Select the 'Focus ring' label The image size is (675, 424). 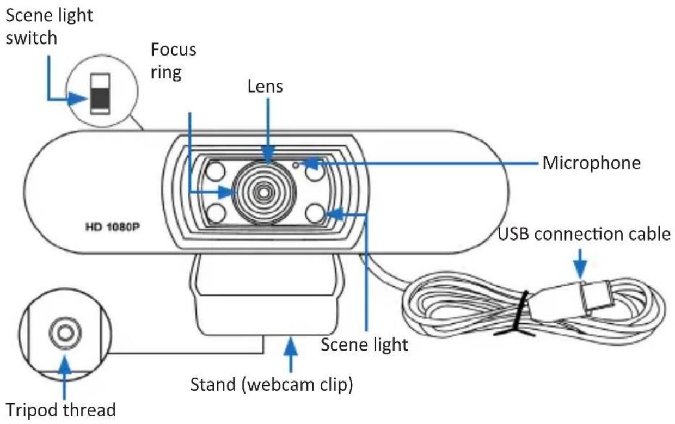(173, 61)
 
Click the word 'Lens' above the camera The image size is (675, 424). (265, 85)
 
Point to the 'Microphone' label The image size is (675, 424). (591, 162)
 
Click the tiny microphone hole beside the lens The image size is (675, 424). (296, 163)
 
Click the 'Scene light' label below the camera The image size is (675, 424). (364, 344)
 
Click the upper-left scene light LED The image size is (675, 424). (216, 172)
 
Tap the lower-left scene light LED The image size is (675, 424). (216, 212)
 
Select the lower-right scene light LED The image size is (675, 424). (315, 212)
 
